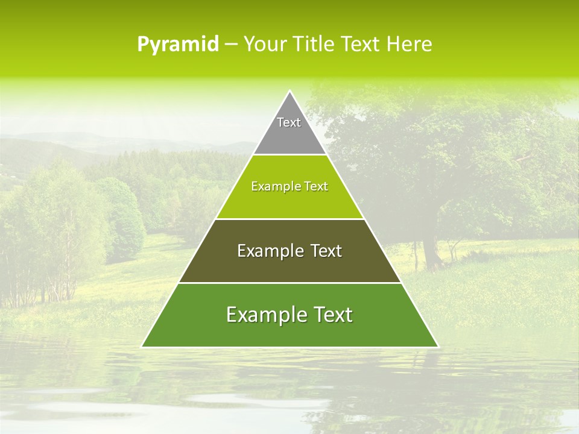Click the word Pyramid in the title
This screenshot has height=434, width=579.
pos(177,45)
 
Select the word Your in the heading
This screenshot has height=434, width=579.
pos(265,45)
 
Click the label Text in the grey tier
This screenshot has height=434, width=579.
pos(289,122)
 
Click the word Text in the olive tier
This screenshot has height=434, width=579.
pos(326,251)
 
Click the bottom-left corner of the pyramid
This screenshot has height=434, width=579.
pos(142,347)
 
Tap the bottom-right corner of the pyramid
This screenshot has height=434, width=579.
pos(438,347)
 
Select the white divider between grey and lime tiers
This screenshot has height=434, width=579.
pos(289,155)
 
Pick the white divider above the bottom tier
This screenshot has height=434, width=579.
pos(289,283)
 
